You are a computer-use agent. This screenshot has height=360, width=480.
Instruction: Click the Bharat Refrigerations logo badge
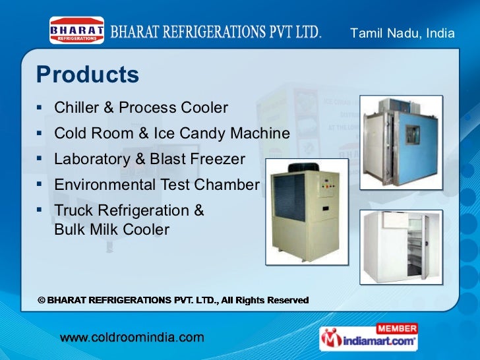(x=77, y=30)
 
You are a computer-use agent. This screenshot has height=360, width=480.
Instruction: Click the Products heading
(x=88, y=75)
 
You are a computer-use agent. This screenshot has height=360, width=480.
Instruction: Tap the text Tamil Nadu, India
(x=402, y=33)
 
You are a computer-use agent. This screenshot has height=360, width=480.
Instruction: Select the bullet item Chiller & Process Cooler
(x=141, y=107)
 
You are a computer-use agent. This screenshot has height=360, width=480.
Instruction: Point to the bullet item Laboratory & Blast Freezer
(x=150, y=159)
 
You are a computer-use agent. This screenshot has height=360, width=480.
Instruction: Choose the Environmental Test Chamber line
(x=157, y=185)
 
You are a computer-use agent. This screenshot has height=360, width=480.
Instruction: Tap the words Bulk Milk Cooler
(x=111, y=229)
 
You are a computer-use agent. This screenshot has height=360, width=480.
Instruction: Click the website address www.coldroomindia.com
(x=133, y=338)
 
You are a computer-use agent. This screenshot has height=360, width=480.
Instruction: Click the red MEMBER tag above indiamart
(x=396, y=328)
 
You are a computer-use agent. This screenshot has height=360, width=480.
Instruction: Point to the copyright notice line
(x=173, y=300)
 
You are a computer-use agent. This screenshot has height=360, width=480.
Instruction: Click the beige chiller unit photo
(x=307, y=211)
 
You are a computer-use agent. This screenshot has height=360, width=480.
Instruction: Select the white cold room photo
(x=401, y=247)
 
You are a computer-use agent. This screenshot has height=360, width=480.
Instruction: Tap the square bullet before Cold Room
(x=40, y=133)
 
